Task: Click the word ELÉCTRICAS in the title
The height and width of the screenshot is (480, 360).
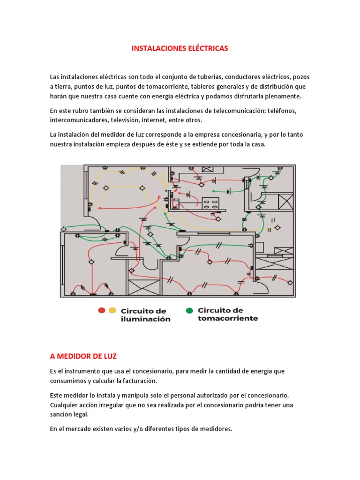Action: tap(205, 49)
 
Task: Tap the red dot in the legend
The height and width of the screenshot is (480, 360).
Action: tap(101, 310)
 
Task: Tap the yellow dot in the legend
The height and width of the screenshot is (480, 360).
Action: tap(112, 310)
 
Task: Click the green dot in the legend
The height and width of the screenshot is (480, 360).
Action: tap(189, 310)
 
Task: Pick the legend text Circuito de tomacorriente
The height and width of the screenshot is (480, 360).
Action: tap(228, 314)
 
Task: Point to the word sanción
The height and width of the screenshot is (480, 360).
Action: tap(63, 414)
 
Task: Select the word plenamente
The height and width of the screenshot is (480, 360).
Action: tap(280, 96)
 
